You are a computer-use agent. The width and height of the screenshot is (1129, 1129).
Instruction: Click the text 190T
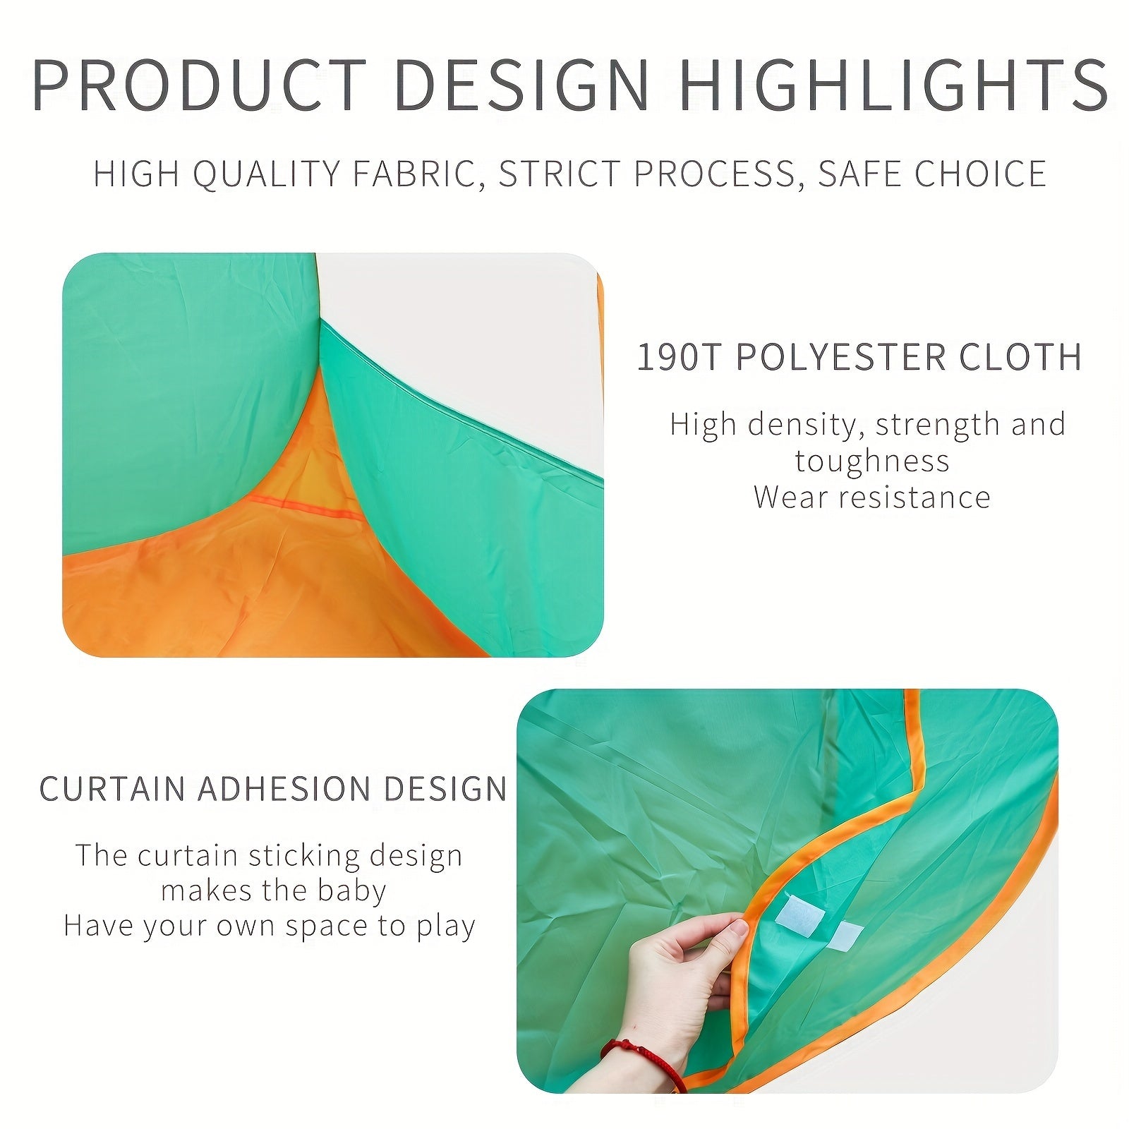[x=678, y=357]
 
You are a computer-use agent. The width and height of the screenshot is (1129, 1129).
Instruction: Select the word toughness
[x=872, y=461]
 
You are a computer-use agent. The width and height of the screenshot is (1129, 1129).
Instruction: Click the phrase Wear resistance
[x=872, y=497]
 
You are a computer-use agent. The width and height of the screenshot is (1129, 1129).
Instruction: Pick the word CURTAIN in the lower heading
[x=113, y=789]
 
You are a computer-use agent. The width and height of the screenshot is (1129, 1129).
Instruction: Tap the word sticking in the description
[x=304, y=855]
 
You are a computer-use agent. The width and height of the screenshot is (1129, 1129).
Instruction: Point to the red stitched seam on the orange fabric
[x=303, y=507]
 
